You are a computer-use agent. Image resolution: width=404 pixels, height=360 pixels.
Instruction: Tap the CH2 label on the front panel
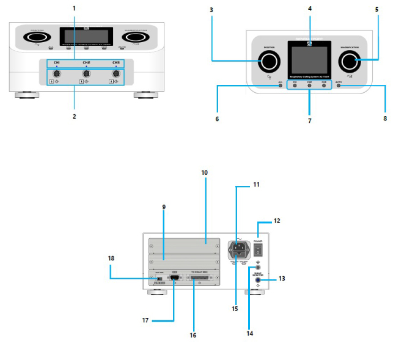(x=86, y=62)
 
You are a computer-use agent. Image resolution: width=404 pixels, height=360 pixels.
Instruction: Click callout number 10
(x=204, y=172)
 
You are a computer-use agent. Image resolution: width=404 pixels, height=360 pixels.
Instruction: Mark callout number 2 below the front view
(x=73, y=115)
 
